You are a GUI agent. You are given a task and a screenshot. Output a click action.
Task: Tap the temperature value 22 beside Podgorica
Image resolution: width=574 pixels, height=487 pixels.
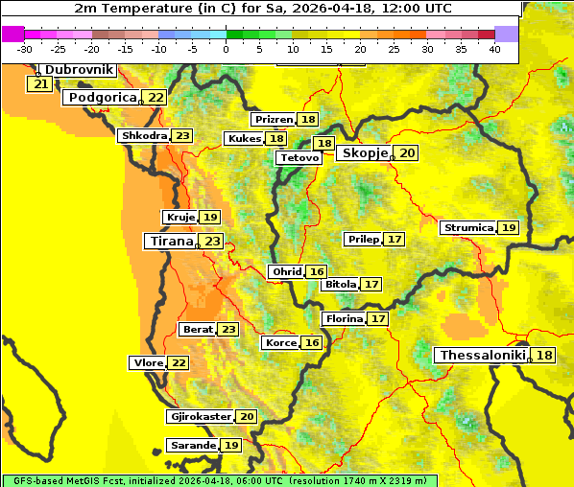pyautogui.click(x=155, y=98)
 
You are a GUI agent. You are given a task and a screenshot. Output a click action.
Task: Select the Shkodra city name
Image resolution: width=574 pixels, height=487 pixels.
pyautogui.click(x=143, y=136)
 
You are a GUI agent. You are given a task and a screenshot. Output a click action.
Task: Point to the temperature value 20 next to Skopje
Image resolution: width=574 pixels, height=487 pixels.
pyautogui.click(x=408, y=153)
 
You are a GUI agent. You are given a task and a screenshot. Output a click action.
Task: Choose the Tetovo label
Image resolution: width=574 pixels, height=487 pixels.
pyautogui.click(x=299, y=157)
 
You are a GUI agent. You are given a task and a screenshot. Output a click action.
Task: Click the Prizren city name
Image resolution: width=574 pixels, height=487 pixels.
pyautogui.click(x=274, y=120)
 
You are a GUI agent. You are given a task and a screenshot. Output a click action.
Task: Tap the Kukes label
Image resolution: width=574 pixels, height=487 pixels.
pyautogui.click(x=244, y=139)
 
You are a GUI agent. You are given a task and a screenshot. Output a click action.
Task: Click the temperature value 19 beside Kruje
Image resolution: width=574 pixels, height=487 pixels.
pyautogui.click(x=210, y=218)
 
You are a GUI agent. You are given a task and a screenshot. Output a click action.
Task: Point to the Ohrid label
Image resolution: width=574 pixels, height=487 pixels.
pyautogui.click(x=287, y=272)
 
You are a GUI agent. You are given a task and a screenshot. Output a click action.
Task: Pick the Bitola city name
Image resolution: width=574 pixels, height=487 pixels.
pyautogui.click(x=341, y=285)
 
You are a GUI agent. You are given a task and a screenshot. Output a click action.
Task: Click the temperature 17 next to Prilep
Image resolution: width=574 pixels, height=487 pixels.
pyautogui.click(x=395, y=239)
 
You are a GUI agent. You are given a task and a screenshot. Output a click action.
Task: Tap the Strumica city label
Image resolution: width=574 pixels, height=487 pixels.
pyautogui.click(x=468, y=228)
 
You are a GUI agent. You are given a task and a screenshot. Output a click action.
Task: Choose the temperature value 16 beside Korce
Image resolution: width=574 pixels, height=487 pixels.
pyautogui.click(x=312, y=343)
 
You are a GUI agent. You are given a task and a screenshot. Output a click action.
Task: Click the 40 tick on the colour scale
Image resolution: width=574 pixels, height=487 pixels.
pyautogui.click(x=494, y=48)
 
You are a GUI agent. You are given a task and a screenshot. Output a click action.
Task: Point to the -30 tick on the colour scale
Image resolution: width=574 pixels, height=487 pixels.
pyautogui.click(x=25, y=48)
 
